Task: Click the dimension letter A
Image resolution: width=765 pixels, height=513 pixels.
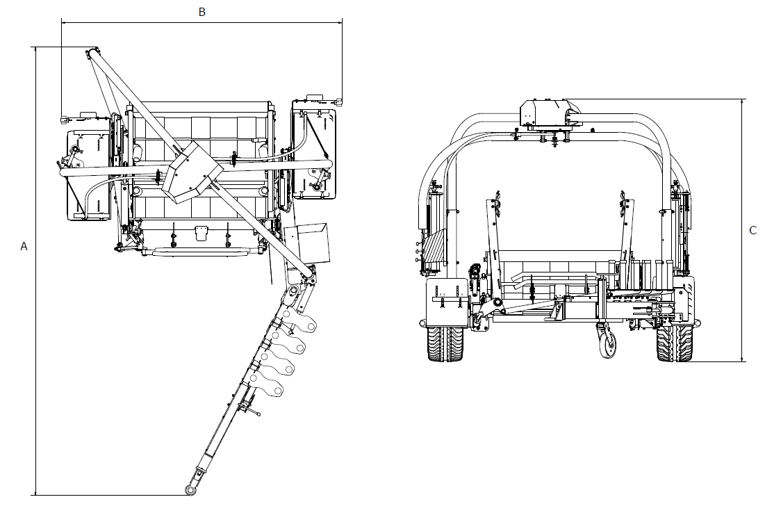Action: click(x=24, y=247)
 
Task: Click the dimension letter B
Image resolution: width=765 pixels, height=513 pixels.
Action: click(x=202, y=13)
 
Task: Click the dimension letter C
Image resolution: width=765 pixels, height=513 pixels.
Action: click(x=752, y=230)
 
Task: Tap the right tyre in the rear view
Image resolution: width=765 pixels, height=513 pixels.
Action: click(x=674, y=344)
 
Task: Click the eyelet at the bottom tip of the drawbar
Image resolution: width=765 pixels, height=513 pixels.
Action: click(x=190, y=490)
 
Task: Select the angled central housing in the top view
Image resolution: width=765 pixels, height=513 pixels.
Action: click(x=192, y=172)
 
